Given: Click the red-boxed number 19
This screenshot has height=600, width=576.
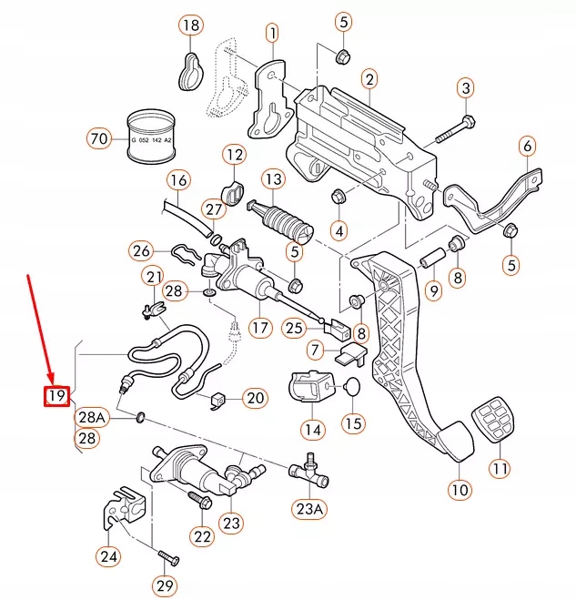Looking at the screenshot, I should (x=57, y=396).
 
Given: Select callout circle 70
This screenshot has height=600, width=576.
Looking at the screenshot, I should (x=99, y=138).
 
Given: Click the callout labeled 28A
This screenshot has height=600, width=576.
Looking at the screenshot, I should (x=91, y=417).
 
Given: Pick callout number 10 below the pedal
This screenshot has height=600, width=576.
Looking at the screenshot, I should (x=460, y=489).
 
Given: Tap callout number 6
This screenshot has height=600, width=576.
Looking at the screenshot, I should (x=529, y=145).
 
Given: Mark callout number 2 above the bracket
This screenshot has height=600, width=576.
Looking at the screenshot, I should (x=369, y=80).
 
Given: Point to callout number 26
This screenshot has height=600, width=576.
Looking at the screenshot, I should (x=141, y=249).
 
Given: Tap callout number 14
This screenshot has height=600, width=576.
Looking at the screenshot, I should (x=313, y=429).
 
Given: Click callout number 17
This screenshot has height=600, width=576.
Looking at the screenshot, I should (x=261, y=327).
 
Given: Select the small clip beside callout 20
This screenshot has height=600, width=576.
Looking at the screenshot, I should (x=217, y=399).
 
